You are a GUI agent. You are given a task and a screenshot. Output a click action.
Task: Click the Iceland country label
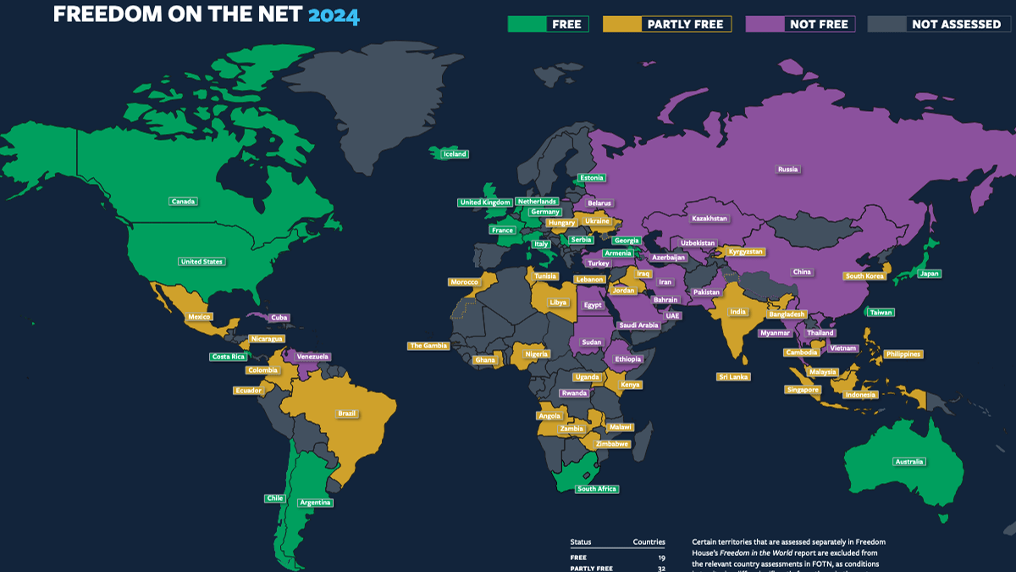pyautogui.click(x=455, y=154)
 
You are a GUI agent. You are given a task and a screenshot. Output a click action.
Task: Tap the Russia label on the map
pyautogui.click(x=787, y=169)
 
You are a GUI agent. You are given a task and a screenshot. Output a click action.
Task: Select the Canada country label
pyautogui.click(x=183, y=202)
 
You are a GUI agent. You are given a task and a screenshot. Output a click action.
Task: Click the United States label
pyautogui.click(x=202, y=262)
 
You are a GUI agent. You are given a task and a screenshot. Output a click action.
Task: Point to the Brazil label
pyautogui.click(x=346, y=414)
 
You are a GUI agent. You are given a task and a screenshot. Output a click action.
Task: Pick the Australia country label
pyautogui.click(x=909, y=462)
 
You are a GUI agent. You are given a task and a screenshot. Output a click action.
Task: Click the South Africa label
pyautogui.click(x=596, y=489)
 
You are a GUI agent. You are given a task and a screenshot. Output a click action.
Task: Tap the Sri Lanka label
pyautogui.click(x=733, y=376)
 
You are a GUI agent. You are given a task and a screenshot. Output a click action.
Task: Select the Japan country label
pyautogui.click(x=929, y=274)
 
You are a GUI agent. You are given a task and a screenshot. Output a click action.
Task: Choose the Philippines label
pyautogui.click(x=903, y=354)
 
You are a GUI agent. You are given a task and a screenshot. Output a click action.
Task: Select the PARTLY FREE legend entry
pyautogui.click(x=666, y=24)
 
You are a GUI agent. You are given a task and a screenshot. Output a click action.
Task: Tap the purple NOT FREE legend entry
pyautogui.click(x=800, y=24)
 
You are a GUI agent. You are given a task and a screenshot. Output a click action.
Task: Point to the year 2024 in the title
pyautogui.click(x=334, y=15)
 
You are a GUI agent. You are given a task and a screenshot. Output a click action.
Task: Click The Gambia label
pyautogui.click(x=428, y=346)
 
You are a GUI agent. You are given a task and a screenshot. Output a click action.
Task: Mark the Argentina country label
pyautogui.click(x=315, y=503)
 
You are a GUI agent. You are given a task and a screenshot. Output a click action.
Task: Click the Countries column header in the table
pyautogui.click(x=649, y=542)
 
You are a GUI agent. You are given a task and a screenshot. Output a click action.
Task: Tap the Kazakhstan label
pyautogui.click(x=709, y=219)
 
